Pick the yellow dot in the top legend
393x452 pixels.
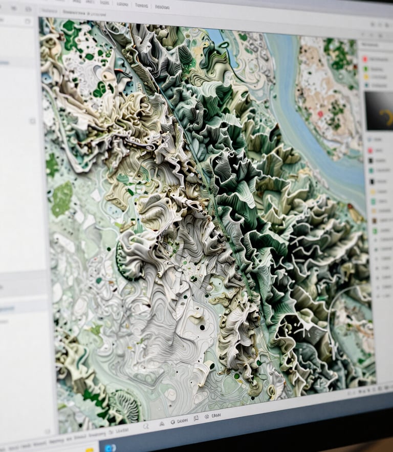pyautogui.click(x=366, y=77)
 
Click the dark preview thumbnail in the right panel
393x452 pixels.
pyautogui.click(x=379, y=110)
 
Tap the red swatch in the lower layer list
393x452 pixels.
pyautogui.click(x=370, y=150)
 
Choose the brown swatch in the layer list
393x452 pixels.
pyautogui.click(x=373, y=220)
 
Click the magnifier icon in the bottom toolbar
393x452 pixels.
pyautogui.click(x=146, y=425)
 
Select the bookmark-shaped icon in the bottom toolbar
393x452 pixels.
pyautogui.click(x=196, y=419)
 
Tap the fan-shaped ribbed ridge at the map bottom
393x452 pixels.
pyautogui.click(x=125, y=406)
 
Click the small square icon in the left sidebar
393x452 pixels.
pyautogui.click(x=32, y=121)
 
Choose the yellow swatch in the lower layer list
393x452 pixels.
pyautogui.click(x=372, y=192)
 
